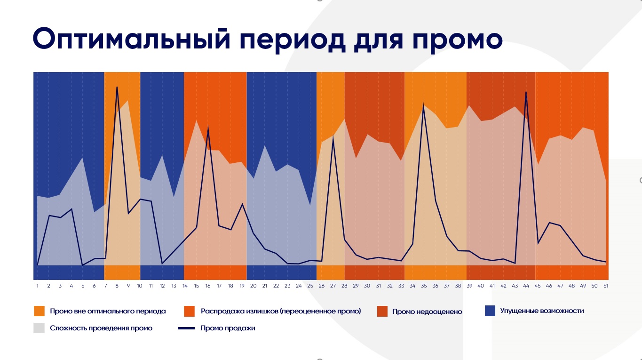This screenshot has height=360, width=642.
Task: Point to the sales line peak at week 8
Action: (117, 87)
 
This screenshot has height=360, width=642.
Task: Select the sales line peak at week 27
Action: (333, 137)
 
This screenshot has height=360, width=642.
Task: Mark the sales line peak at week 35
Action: (424, 105)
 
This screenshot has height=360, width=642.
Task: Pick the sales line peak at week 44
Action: (526, 92)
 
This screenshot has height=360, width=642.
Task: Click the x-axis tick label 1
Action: (37, 286)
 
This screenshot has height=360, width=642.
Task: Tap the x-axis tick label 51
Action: (606, 286)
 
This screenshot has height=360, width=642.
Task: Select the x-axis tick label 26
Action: (321, 286)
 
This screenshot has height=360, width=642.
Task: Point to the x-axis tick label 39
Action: (469, 286)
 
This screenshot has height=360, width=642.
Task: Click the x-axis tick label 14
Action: (185, 286)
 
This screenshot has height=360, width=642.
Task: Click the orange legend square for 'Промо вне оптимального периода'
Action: (39, 311)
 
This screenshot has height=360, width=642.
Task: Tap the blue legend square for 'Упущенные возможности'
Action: (490, 311)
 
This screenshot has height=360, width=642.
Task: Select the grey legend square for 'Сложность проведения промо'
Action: (39, 328)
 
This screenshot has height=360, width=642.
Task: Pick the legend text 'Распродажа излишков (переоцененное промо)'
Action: (280, 311)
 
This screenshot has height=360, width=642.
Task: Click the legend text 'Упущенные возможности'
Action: (542, 311)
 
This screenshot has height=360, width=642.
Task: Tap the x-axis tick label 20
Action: (253, 286)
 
